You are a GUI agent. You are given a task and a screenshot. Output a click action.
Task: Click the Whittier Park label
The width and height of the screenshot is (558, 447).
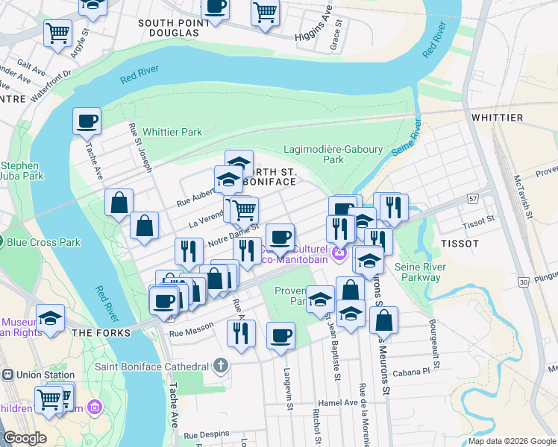[172, 132]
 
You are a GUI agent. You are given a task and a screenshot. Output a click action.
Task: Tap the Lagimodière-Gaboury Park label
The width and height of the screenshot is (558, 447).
[333, 154]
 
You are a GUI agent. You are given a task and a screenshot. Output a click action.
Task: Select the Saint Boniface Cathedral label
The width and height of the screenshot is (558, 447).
[151, 367]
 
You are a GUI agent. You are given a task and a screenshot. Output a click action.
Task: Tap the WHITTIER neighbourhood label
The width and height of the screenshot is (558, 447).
[497, 118]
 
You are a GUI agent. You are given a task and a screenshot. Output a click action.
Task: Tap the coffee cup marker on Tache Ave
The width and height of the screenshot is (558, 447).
[87, 121]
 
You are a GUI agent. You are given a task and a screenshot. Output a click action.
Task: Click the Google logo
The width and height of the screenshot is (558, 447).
[25, 438]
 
